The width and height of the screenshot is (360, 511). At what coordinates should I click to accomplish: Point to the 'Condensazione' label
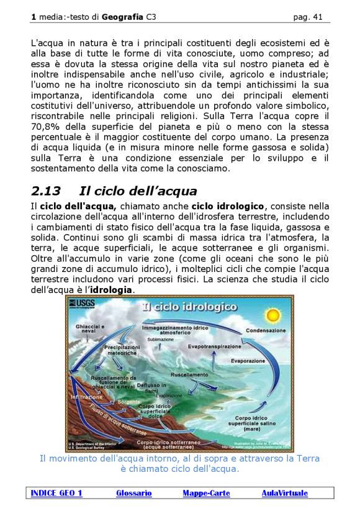[266, 330]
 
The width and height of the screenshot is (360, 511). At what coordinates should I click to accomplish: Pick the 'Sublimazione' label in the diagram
[161, 340]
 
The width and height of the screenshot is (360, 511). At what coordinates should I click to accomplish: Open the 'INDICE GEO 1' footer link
[56, 493]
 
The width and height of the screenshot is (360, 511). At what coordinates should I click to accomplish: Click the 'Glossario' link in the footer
[133, 493]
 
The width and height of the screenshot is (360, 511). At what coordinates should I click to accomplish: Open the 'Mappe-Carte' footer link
[206, 493]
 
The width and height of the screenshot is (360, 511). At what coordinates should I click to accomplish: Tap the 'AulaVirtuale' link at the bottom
[284, 493]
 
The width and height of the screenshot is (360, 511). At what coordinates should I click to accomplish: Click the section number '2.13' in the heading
[46, 191]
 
